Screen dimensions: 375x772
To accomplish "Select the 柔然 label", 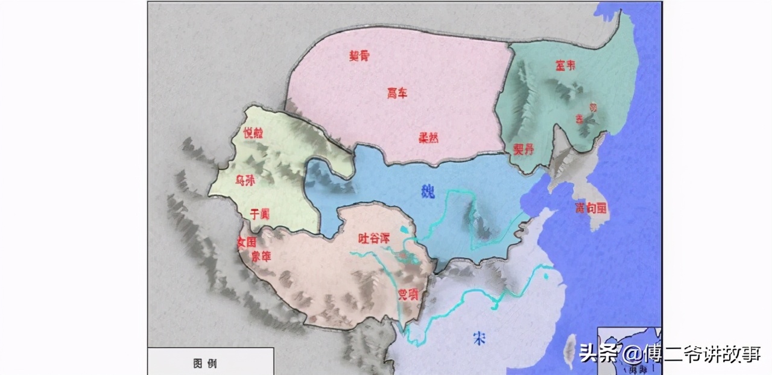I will tap(428, 137).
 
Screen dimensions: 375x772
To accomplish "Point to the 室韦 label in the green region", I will tap(565, 66).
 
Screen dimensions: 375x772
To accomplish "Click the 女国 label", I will tap(247, 242).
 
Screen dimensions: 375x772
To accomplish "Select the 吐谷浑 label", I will tap(374, 238).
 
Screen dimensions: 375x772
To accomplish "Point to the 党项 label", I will tap(408, 294).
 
